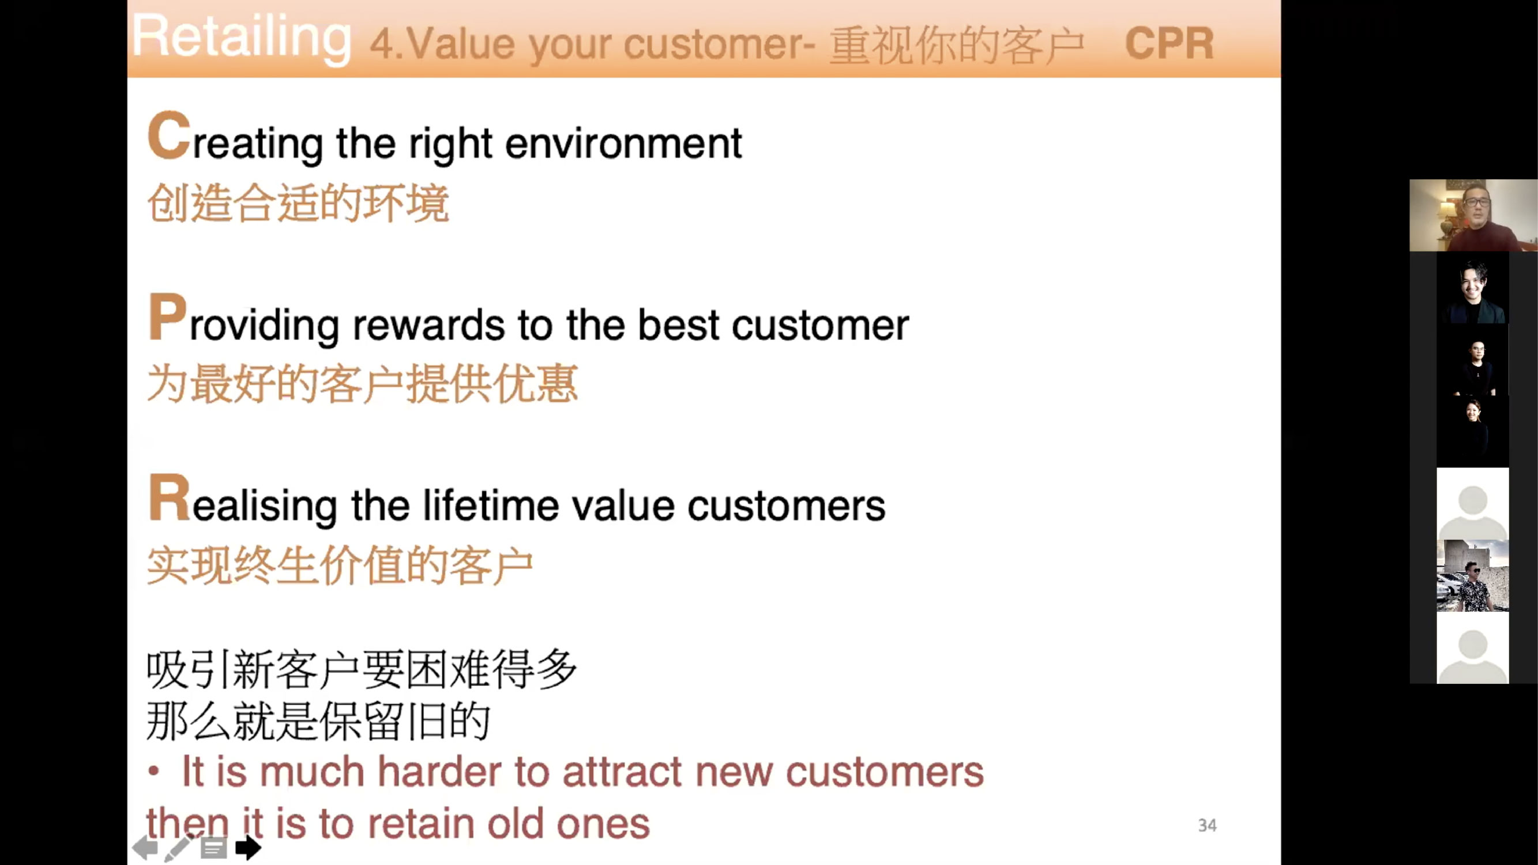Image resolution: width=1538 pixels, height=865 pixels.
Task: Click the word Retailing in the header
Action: coord(241,38)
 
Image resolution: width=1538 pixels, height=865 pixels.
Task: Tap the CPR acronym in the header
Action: coord(1169,44)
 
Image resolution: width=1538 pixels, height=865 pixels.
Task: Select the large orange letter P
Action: coord(167,317)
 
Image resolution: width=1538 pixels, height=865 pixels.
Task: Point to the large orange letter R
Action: coord(170,497)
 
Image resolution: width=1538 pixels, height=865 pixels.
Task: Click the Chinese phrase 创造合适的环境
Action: coord(298,204)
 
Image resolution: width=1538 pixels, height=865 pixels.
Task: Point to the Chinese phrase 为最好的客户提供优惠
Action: coord(362,383)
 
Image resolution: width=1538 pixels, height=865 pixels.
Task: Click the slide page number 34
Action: coord(1207,825)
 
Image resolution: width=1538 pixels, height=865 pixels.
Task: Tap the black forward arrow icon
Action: coord(249,847)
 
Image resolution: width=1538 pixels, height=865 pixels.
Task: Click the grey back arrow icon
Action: coord(145,847)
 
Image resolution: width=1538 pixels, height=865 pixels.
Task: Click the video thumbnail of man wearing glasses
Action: coord(1473,216)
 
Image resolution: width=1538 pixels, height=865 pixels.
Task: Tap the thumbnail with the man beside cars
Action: coord(1472,576)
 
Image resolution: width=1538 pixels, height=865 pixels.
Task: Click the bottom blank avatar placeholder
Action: coord(1472,648)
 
